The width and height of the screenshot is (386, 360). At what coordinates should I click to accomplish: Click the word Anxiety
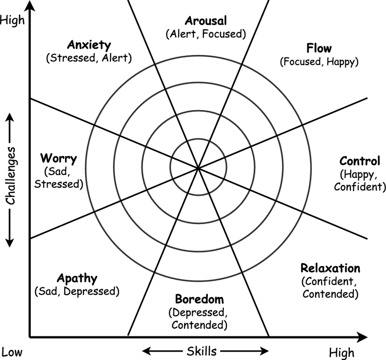click(89, 45)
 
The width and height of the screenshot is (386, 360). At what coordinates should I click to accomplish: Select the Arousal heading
click(206, 20)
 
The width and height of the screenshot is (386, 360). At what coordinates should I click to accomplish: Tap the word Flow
click(319, 48)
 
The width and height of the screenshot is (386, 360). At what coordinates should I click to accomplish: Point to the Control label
click(360, 161)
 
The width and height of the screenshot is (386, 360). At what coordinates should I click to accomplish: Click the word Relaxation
click(330, 268)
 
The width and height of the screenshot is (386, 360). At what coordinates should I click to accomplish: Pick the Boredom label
click(199, 300)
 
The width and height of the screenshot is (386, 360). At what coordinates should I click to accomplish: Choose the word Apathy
click(77, 278)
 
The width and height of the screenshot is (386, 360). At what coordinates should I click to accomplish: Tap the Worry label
click(59, 159)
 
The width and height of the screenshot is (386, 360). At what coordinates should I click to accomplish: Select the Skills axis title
click(202, 350)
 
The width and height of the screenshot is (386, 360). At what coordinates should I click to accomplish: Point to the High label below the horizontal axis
click(342, 352)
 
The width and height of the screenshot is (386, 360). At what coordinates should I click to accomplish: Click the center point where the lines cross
click(198, 168)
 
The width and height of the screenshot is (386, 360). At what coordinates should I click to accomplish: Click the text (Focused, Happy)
click(319, 61)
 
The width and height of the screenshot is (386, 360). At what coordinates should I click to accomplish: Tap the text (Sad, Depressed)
click(77, 291)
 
